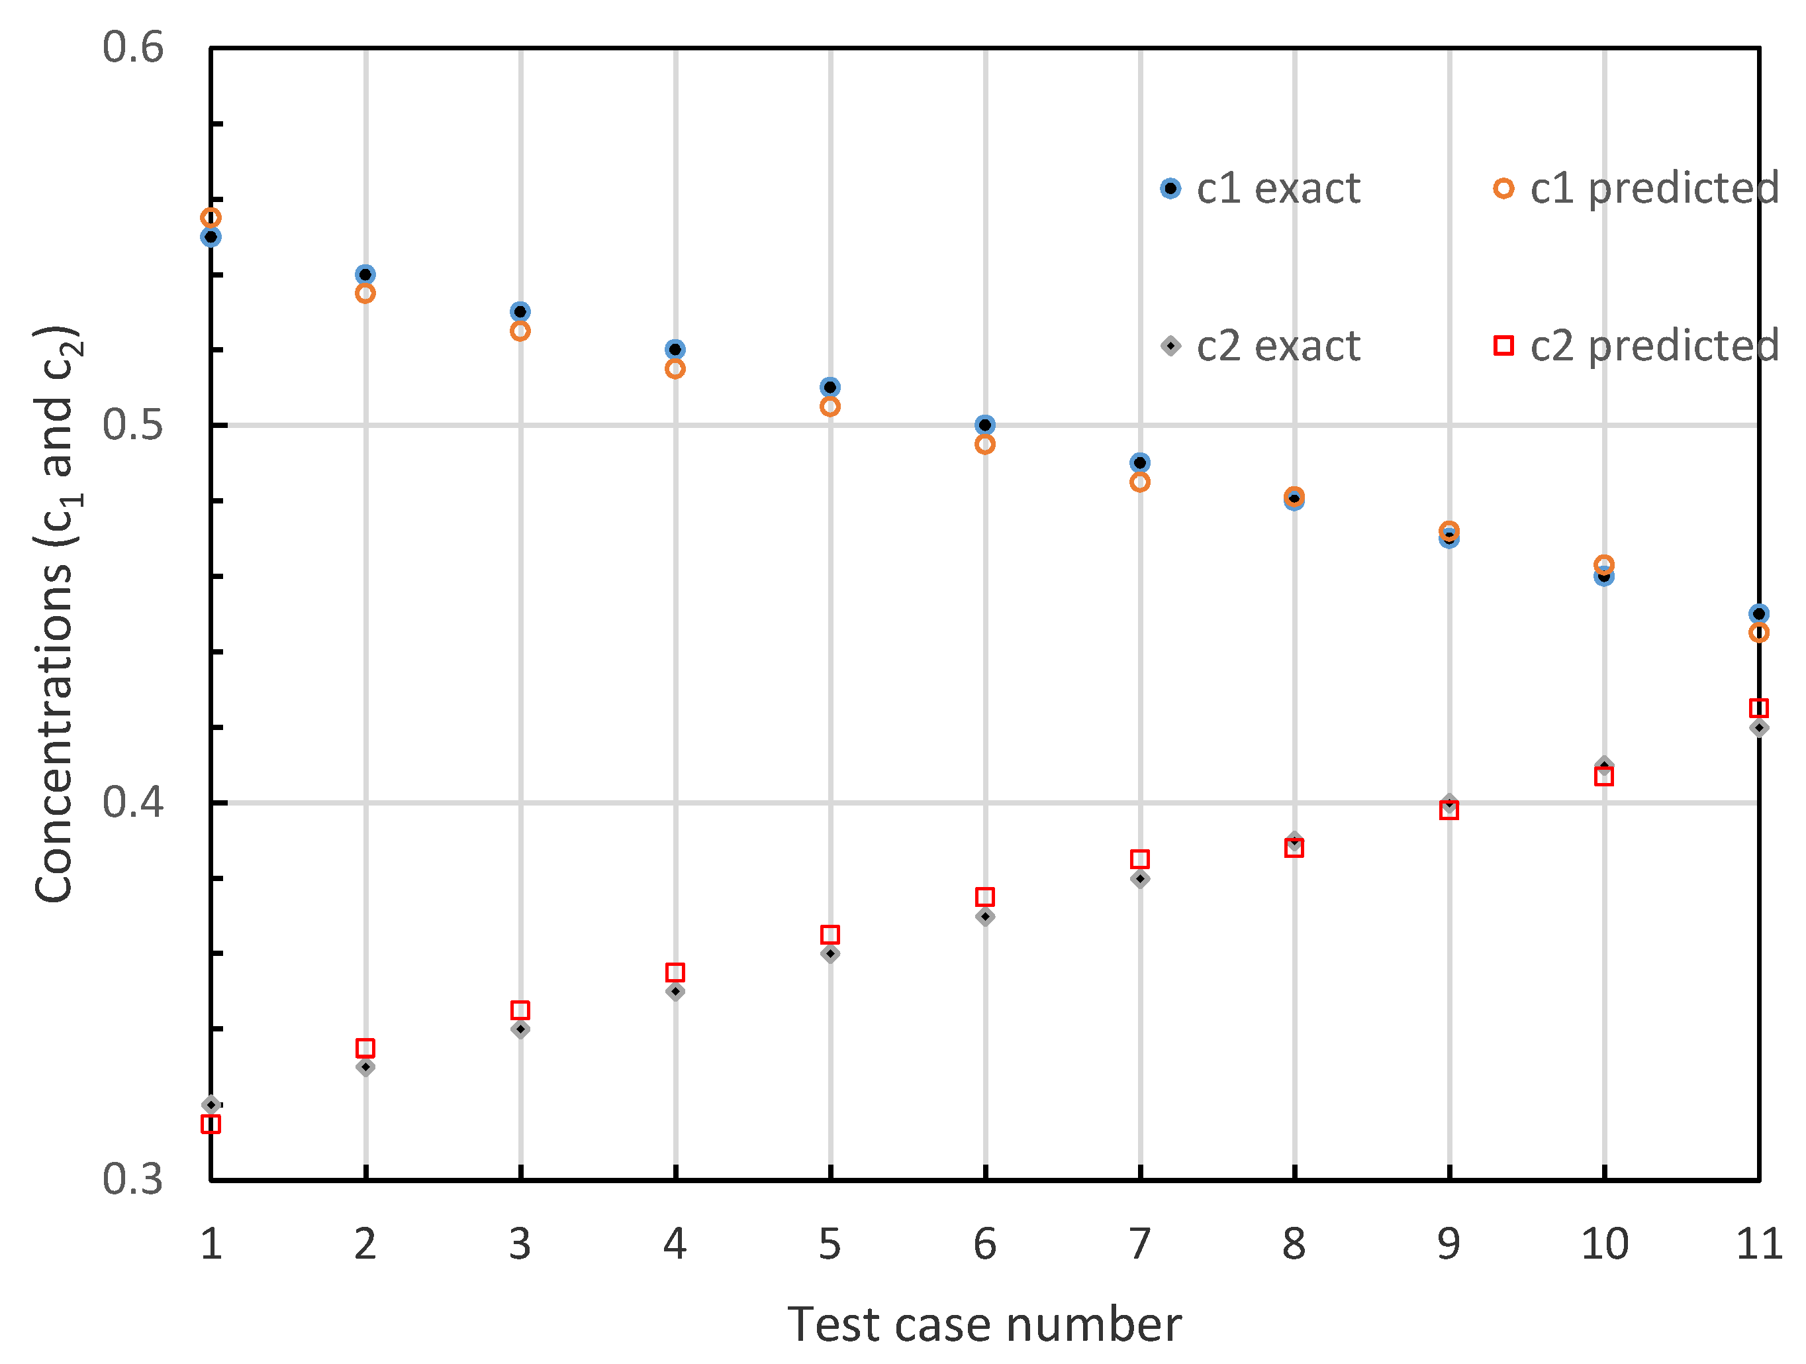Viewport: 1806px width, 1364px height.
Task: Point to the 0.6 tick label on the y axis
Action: [x=133, y=48]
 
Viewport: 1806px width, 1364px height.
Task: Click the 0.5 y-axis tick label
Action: [x=133, y=425]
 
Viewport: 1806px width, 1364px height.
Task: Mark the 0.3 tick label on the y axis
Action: [x=133, y=1179]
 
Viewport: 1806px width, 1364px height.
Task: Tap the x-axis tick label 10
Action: [x=1604, y=1245]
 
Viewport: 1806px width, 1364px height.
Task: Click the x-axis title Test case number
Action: [x=984, y=1325]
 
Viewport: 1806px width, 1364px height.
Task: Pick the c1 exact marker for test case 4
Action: [x=675, y=350]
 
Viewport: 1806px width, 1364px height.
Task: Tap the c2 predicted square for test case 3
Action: [x=520, y=1010]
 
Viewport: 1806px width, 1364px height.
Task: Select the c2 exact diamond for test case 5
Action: [x=830, y=954]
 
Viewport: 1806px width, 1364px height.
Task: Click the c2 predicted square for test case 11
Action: [x=1758, y=708]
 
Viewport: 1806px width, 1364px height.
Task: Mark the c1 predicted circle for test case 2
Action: [x=366, y=293]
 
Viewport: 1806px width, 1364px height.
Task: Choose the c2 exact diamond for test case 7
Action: [x=1141, y=879]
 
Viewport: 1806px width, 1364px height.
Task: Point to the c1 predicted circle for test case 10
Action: [x=1604, y=564]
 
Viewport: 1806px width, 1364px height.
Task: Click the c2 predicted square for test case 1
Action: [x=211, y=1124]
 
